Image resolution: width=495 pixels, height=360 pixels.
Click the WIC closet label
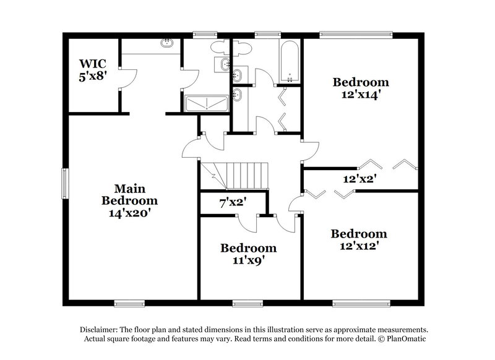[x=93, y=63]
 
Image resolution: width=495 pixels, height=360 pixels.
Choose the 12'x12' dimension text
[x=359, y=246]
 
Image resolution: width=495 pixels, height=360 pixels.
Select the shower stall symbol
[x=205, y=104]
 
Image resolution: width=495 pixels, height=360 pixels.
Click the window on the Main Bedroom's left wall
[x=64, y=184]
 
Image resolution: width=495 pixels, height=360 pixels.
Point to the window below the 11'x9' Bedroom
[x=248, y=303]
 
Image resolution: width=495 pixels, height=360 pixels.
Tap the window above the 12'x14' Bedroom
[x=356, y=34]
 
